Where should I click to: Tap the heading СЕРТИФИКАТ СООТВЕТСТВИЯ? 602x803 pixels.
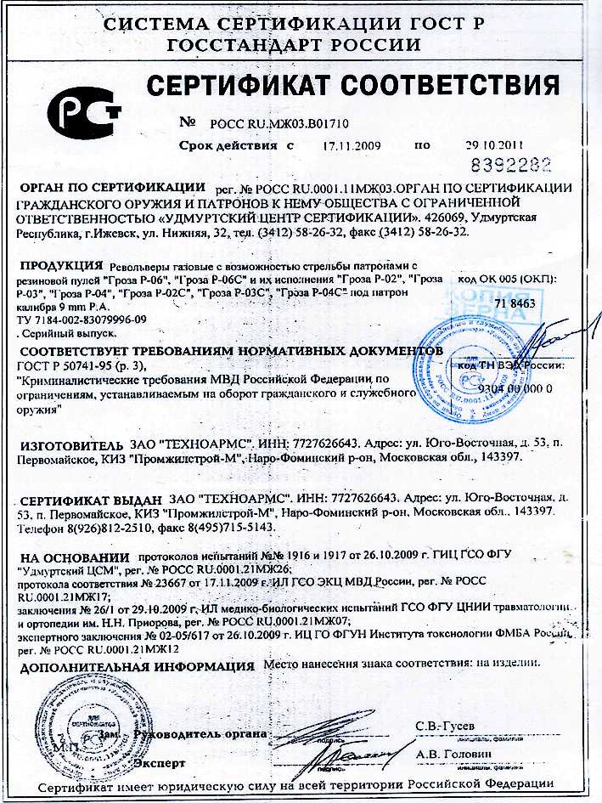pyautogui.click(x=353, y=85)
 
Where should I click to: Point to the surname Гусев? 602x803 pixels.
pyautogui.click(x=454, y=725)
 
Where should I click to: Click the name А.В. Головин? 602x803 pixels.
pyautogui.click(x=453, y=754)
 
